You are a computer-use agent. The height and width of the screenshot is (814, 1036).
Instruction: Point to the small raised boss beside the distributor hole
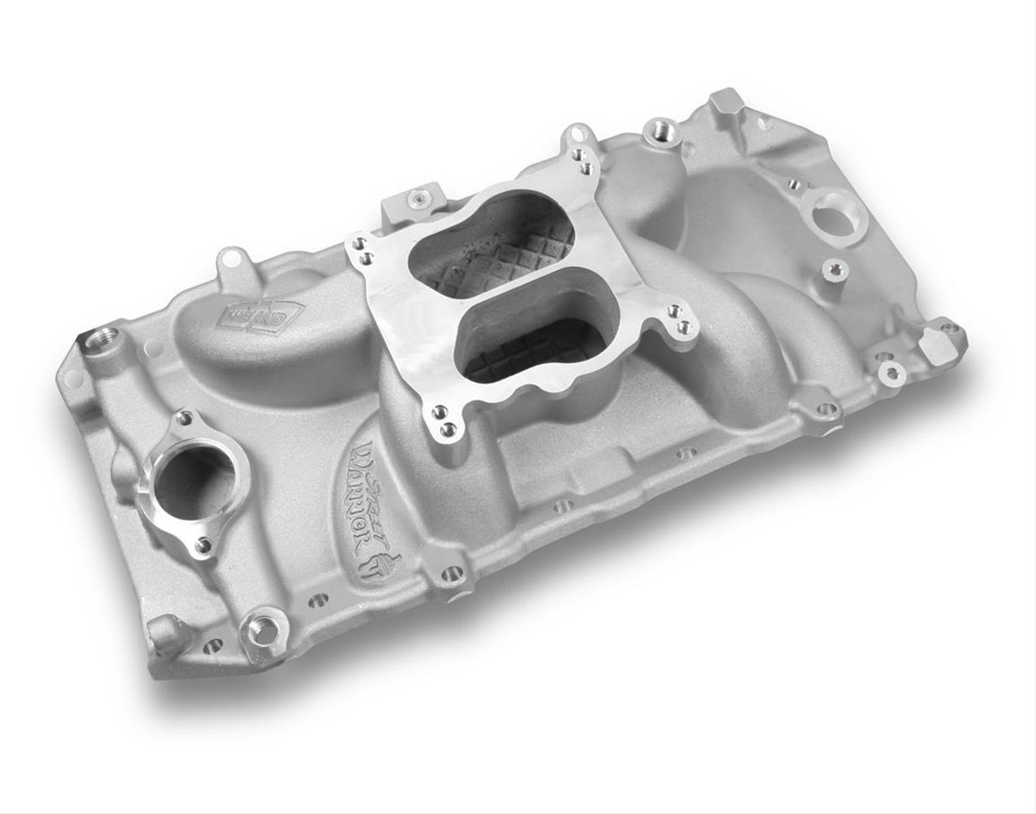pos(835,269)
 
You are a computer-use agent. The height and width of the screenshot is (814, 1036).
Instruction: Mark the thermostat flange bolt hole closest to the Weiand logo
pos(186,418)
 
